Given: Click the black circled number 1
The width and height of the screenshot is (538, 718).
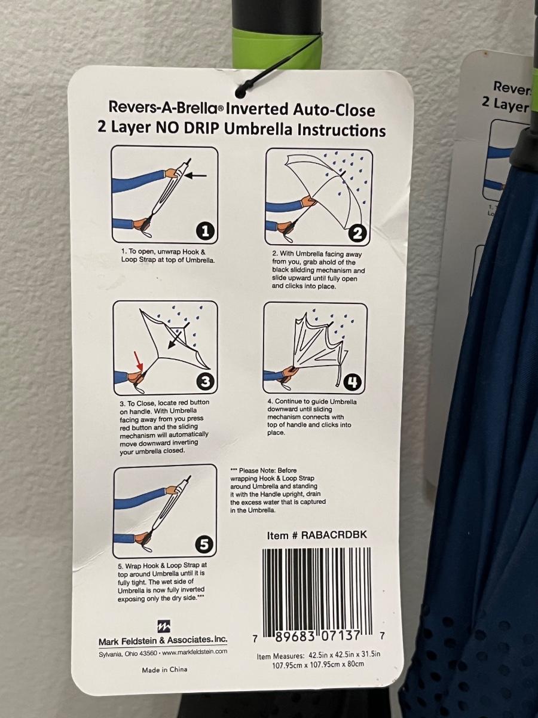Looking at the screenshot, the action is (205, 232).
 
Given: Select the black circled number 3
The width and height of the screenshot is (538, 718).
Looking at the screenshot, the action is (205, 382).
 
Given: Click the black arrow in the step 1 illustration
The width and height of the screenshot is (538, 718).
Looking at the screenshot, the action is (195, 176).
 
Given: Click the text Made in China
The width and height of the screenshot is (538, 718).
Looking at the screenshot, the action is (164, 670).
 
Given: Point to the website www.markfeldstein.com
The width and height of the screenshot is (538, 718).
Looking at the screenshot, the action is (195, 652).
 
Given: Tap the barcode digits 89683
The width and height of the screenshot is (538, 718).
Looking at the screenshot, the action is (295, 637).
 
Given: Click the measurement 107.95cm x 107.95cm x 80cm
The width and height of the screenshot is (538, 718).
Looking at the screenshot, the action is (318, 664).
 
